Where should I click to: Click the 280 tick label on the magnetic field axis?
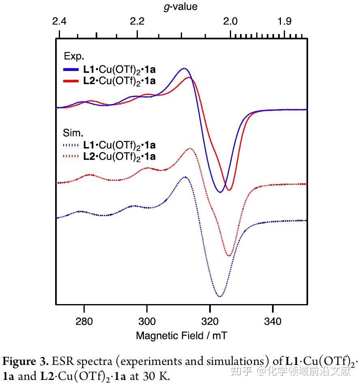point(84,322)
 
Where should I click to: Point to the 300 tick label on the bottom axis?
point(147,322)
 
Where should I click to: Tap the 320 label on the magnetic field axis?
point(210,322)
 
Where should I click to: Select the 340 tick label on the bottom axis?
point(272,322)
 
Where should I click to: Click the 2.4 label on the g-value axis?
point(60,21)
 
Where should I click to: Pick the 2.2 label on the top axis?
point(138,21)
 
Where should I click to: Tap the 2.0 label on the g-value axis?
point(230,21)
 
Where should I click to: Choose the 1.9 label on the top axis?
point(285,21)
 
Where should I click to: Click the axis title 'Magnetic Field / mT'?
point(182,336)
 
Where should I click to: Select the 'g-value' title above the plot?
point(181,7)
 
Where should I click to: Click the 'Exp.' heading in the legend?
point(74,56)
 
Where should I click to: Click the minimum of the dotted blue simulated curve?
point(220,296)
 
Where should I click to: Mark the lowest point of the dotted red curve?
point(229,255)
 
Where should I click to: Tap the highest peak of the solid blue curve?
point(184,69)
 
